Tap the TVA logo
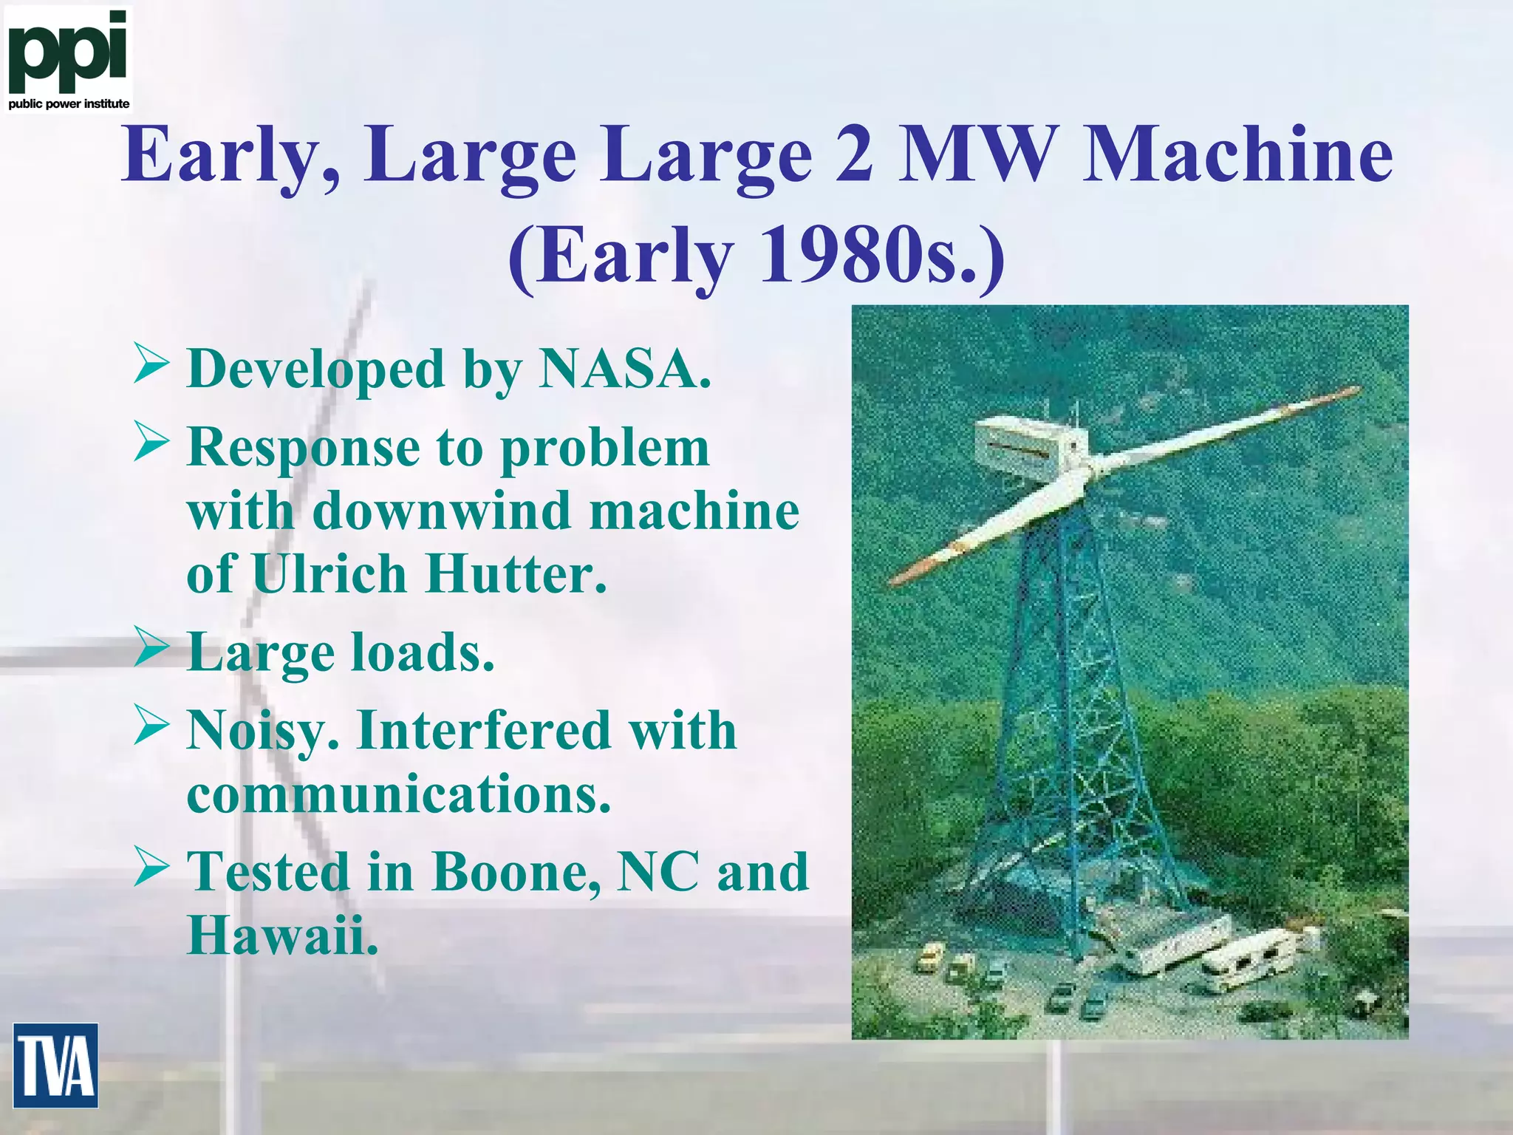tap(55, 1065)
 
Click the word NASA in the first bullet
tap(624, 368)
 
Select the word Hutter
tap(515, 574)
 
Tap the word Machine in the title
tap(1237, 155)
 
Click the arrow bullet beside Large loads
tap(152, 647)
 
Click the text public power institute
tap(69, 104)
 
